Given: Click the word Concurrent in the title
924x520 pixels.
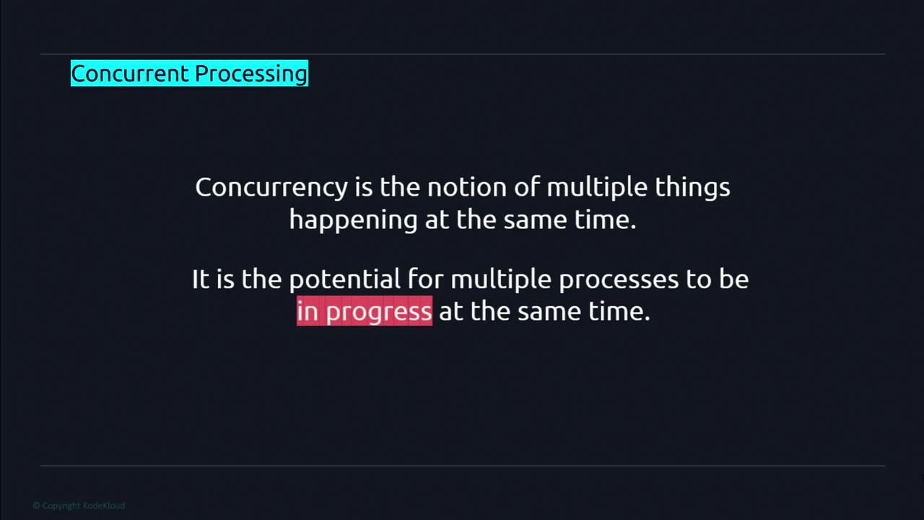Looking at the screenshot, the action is pyautogui.click(x=130, y=74).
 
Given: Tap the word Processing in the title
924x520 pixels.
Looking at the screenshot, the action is pyautogui.click(x=251, y=74).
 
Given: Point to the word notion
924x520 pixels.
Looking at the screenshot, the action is pyautogui.click(x=466, y=187).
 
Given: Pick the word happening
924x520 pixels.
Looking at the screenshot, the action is pyautogui.click(x=353, y=220).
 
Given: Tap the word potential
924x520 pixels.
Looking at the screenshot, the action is pyautogui.click(x=344, y=279).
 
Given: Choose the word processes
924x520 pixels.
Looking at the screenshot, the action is pyautogui.click(x=619, y=279).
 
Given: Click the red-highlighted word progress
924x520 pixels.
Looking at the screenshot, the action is pyautogui.click(x=379, y=312).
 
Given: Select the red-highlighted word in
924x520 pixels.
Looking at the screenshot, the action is pyautogui.click(x=308, y=311).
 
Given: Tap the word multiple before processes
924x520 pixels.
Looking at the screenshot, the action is pyautogui.click(x=501, y=279).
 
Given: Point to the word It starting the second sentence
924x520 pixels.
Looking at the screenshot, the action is pyautogui.click(x=201, y=279).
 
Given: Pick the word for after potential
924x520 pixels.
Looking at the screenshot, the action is pyautogui.click(x=425, y=278).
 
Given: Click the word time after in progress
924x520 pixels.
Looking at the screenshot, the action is pyautogui.click(x=619, y=311).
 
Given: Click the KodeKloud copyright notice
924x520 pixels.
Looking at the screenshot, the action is pyautogui.click(x=79, y=506).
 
